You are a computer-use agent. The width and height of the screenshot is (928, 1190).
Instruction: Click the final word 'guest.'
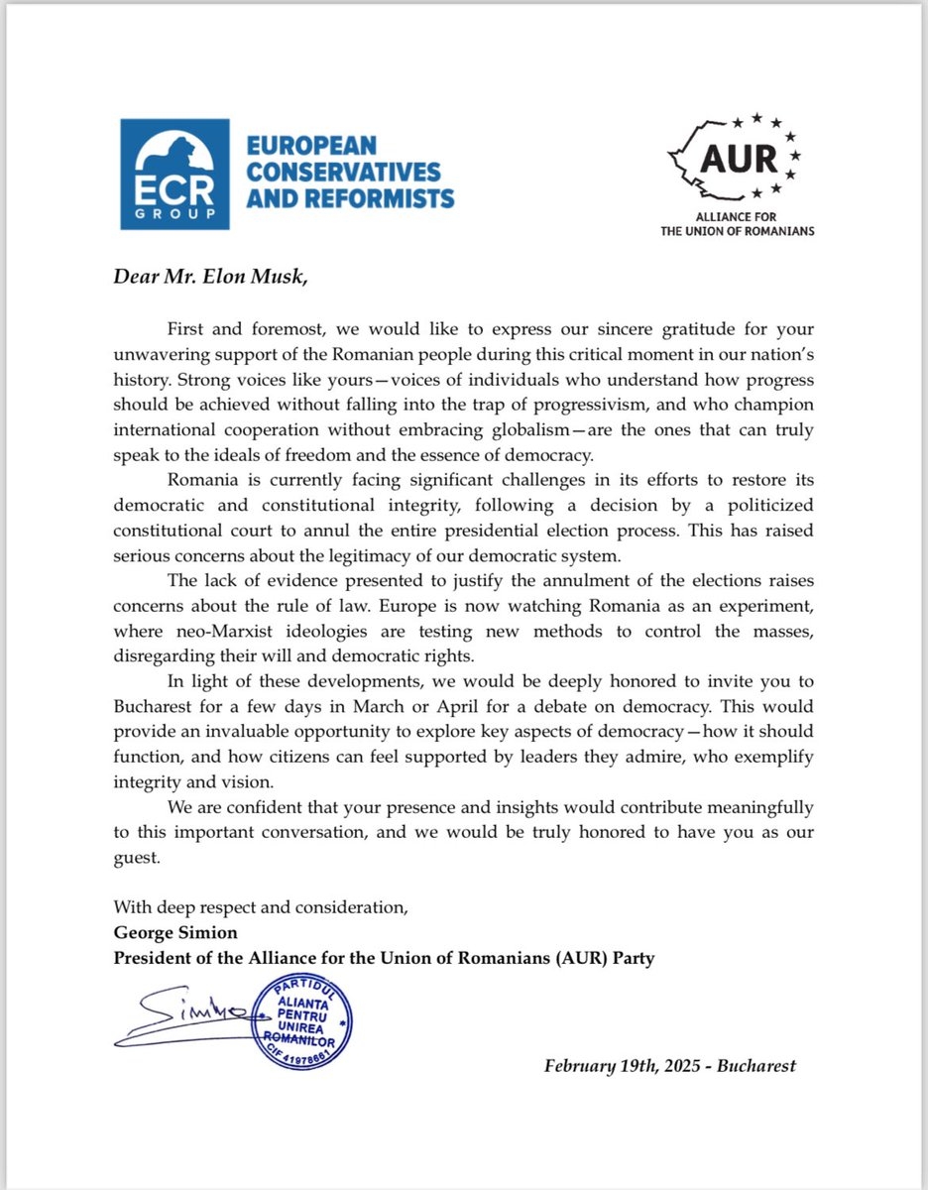point(137,857)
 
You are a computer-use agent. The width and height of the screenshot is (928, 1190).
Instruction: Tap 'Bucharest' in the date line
point(757,1066)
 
